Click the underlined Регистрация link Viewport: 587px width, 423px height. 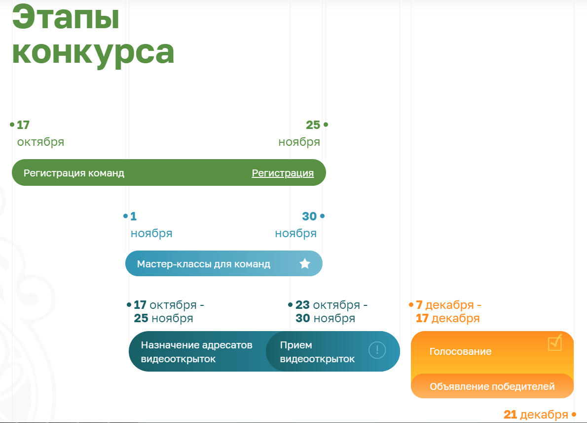283,173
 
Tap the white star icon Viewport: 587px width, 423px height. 305,263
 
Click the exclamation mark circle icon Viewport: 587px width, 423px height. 377,350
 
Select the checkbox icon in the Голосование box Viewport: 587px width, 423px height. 555,342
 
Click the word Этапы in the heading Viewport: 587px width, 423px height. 66,17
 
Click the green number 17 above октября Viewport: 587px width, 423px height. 23,125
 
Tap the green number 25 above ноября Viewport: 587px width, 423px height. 313,125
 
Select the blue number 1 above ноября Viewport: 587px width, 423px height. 134,216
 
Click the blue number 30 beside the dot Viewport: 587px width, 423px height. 309,216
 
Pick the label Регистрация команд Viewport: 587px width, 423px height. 74,173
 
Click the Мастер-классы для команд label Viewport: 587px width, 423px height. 204,264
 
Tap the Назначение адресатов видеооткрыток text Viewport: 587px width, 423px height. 196,352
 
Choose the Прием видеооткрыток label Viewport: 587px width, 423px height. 317,352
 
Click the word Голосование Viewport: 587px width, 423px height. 460,351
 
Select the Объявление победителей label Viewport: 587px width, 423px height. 492,386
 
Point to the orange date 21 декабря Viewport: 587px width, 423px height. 536,415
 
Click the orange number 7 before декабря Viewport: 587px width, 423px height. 419,305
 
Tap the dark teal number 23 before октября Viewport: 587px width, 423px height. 302,305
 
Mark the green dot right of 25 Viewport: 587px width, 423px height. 326,125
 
